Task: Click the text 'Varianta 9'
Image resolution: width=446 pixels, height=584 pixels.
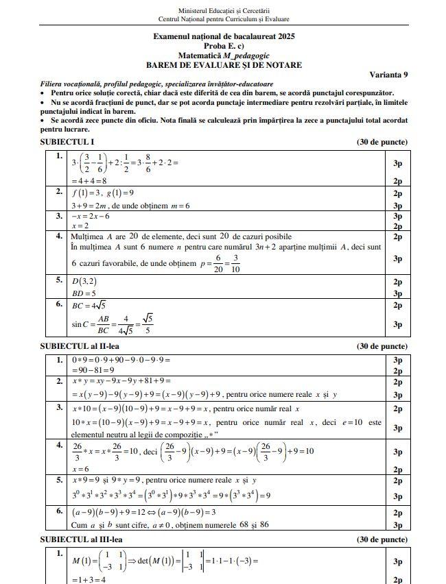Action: (388, 74)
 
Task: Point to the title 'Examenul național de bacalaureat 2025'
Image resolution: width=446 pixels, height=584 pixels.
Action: (224, 36)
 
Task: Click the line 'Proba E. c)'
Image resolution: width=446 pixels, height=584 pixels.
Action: (224, 45)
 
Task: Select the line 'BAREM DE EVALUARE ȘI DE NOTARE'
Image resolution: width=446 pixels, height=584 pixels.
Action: (224, 65)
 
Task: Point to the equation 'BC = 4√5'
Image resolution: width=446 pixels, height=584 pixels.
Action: (88, 305)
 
